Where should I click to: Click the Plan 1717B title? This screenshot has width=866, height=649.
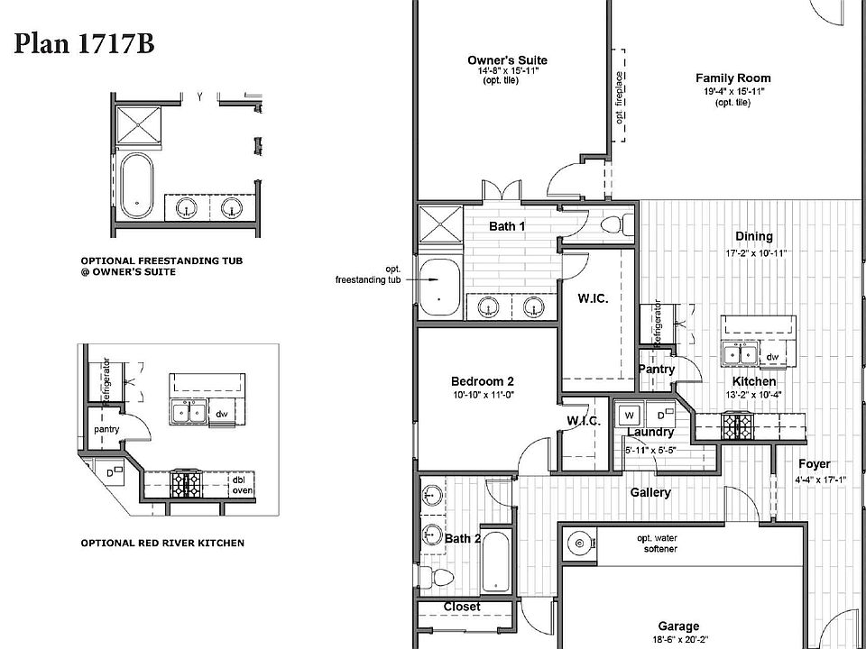click(83, 45)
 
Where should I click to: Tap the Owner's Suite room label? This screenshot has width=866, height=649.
click(507, 60)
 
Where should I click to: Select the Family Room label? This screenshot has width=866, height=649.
click(732, 78)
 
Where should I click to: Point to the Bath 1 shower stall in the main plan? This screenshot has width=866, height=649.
click(439, 224)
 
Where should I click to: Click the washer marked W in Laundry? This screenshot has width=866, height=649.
click(630, 416)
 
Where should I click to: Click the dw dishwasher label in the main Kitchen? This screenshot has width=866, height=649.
click(772, 357)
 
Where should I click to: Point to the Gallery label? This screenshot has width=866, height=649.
click(649, 492)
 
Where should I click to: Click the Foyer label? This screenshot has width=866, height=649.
click(814, 464)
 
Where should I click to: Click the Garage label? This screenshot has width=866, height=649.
click(677, 626)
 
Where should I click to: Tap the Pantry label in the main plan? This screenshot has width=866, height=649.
click(656, 370)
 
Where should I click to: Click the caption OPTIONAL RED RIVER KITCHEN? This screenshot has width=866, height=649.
click(162, 544)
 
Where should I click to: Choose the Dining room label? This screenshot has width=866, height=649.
click(754, 237)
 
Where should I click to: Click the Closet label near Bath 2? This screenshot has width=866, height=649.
click(462, 607)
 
